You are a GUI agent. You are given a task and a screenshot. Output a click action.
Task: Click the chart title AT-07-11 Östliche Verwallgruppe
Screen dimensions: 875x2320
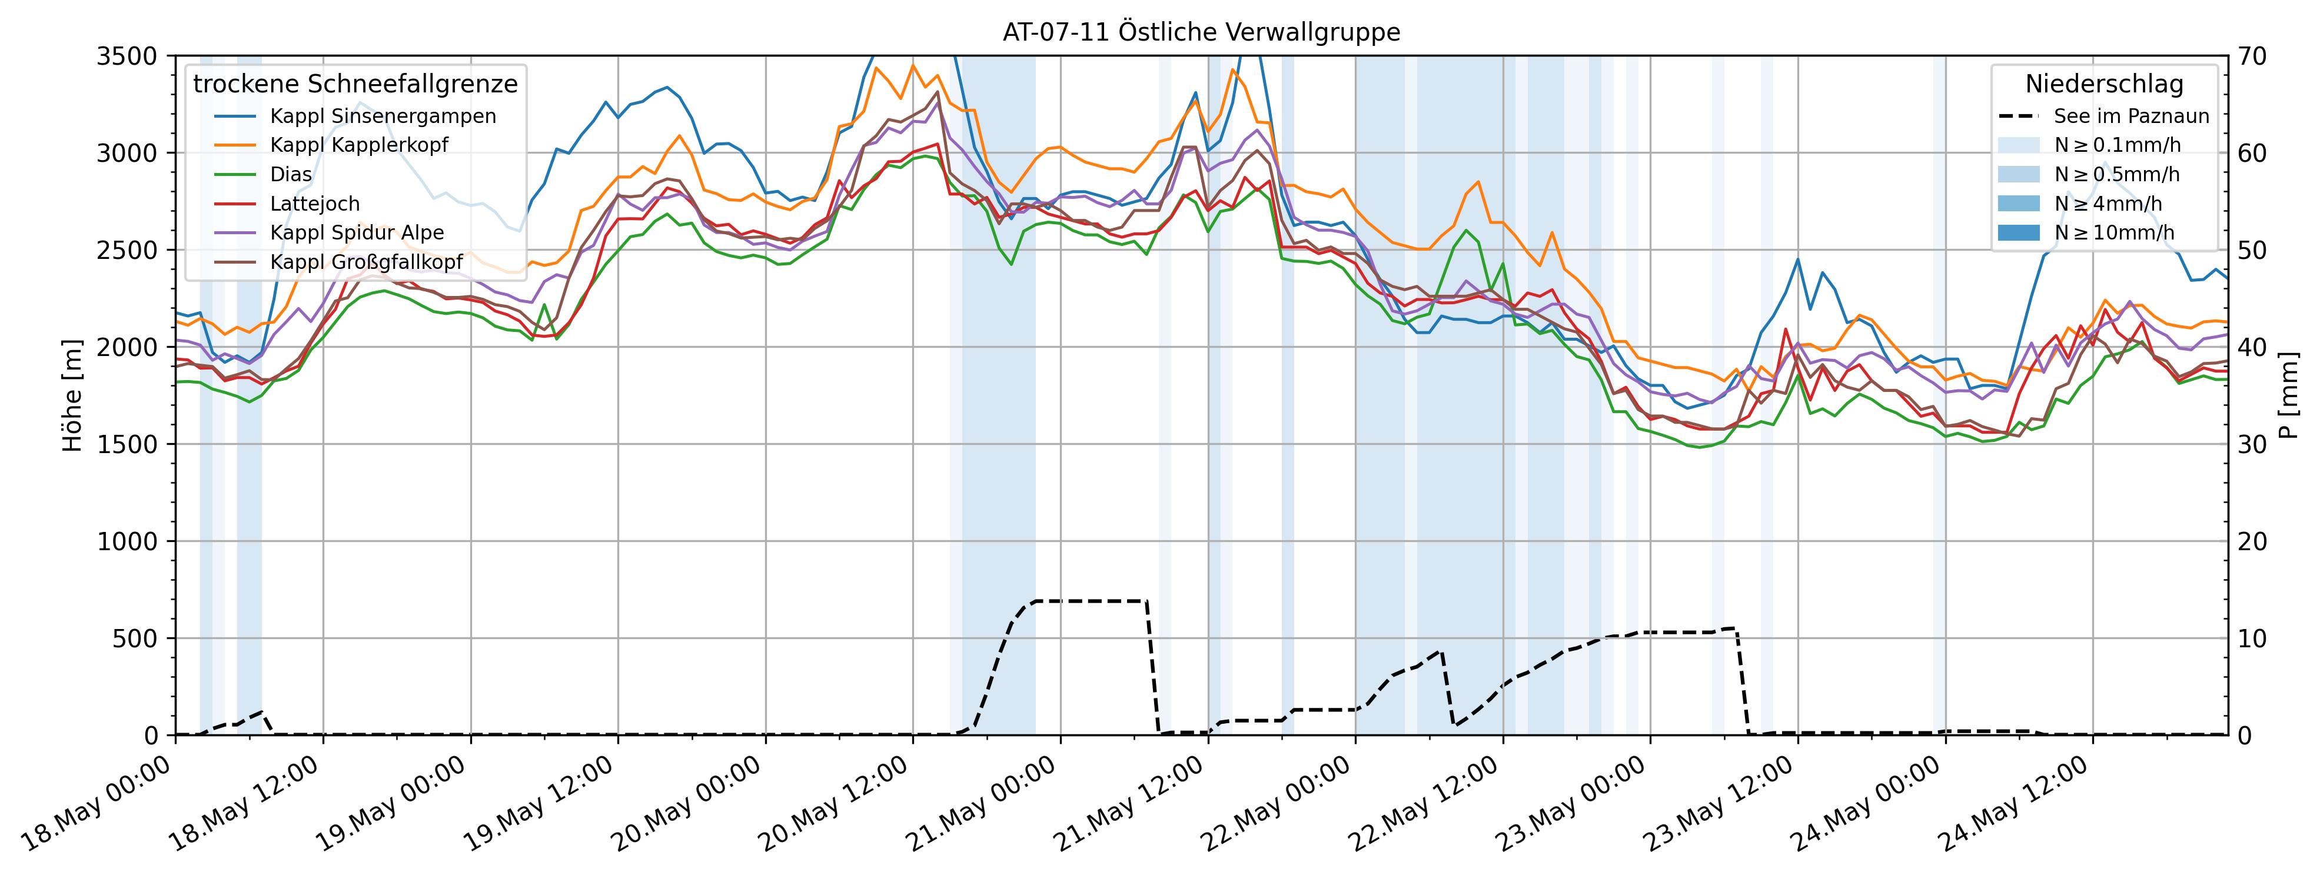click(x=1201, y=32)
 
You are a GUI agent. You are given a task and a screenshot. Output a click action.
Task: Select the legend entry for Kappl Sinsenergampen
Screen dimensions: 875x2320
click(x=382, y=116)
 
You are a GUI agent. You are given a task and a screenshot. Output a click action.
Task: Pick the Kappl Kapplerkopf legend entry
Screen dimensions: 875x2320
click(x=358, y=145)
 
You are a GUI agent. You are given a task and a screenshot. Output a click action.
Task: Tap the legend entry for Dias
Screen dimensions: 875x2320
click(x=291, y=175)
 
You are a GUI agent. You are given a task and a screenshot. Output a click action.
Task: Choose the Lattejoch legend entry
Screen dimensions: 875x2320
click(x=314, y=204)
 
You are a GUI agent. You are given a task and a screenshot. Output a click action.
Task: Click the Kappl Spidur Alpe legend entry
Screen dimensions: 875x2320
click(x=357, y=232)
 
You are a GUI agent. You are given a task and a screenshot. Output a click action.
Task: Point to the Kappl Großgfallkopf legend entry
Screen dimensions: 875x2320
click(x=365, y=262)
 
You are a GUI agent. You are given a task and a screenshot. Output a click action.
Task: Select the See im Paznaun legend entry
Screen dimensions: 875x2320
click(x=2131, y=116)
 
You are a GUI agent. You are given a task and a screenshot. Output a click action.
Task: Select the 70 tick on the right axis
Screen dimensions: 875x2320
click(x=2252, y=56)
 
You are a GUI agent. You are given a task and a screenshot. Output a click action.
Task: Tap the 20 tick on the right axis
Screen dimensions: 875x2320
click(x=2252, y=541)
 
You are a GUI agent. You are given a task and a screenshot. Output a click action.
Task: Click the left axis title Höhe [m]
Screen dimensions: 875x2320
click(x=72, y=395)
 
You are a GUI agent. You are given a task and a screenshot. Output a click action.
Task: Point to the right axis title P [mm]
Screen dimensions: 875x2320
click(x=2288, y=395)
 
